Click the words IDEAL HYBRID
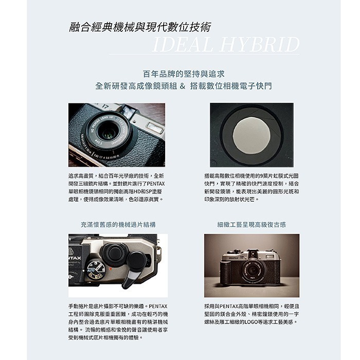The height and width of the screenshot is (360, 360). coord(226,44)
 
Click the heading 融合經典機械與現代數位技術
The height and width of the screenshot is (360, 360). coord(139,27)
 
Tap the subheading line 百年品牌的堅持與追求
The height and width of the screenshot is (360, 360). coord(184,73)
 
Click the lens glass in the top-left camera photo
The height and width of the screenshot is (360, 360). coord(107,133)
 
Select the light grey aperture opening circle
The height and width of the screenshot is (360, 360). coord(251,135)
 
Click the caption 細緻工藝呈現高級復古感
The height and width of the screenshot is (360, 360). coord(251,225)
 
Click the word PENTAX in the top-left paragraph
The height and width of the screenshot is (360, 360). coord(154,183)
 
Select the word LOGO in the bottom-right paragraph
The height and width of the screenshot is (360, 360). coord(244,322)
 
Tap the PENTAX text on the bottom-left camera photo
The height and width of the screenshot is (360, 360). coord(75,258)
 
